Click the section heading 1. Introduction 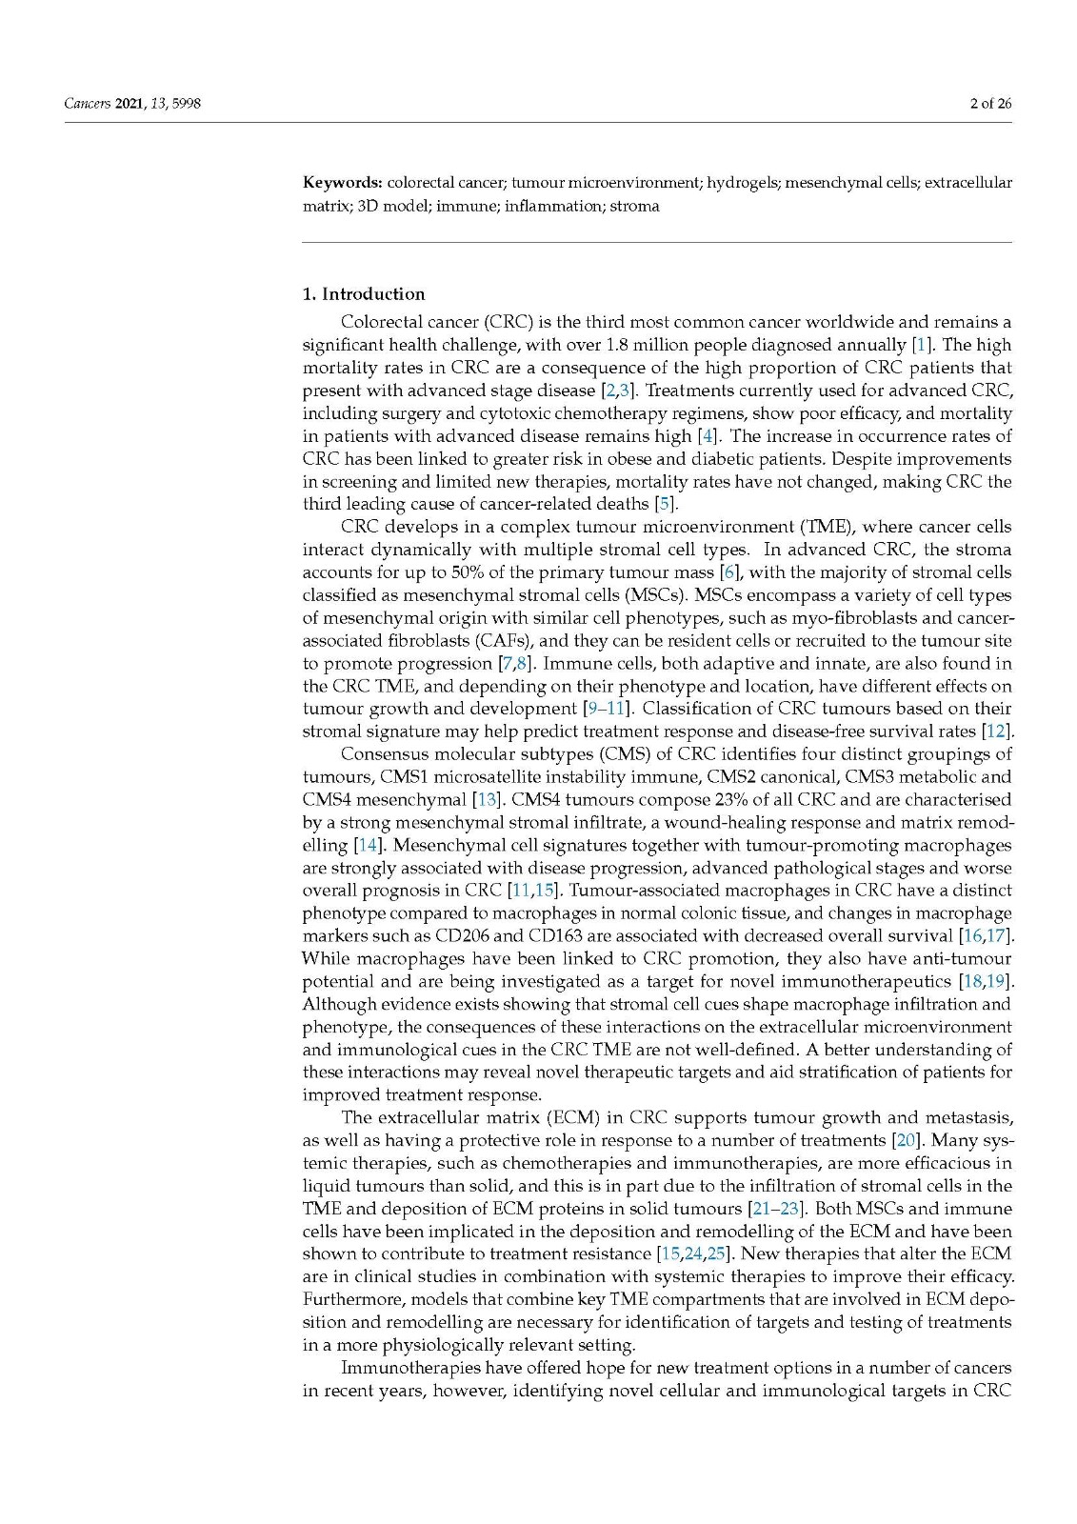coord(364,293)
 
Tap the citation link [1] coord(921,345)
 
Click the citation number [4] coord(708,436)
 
